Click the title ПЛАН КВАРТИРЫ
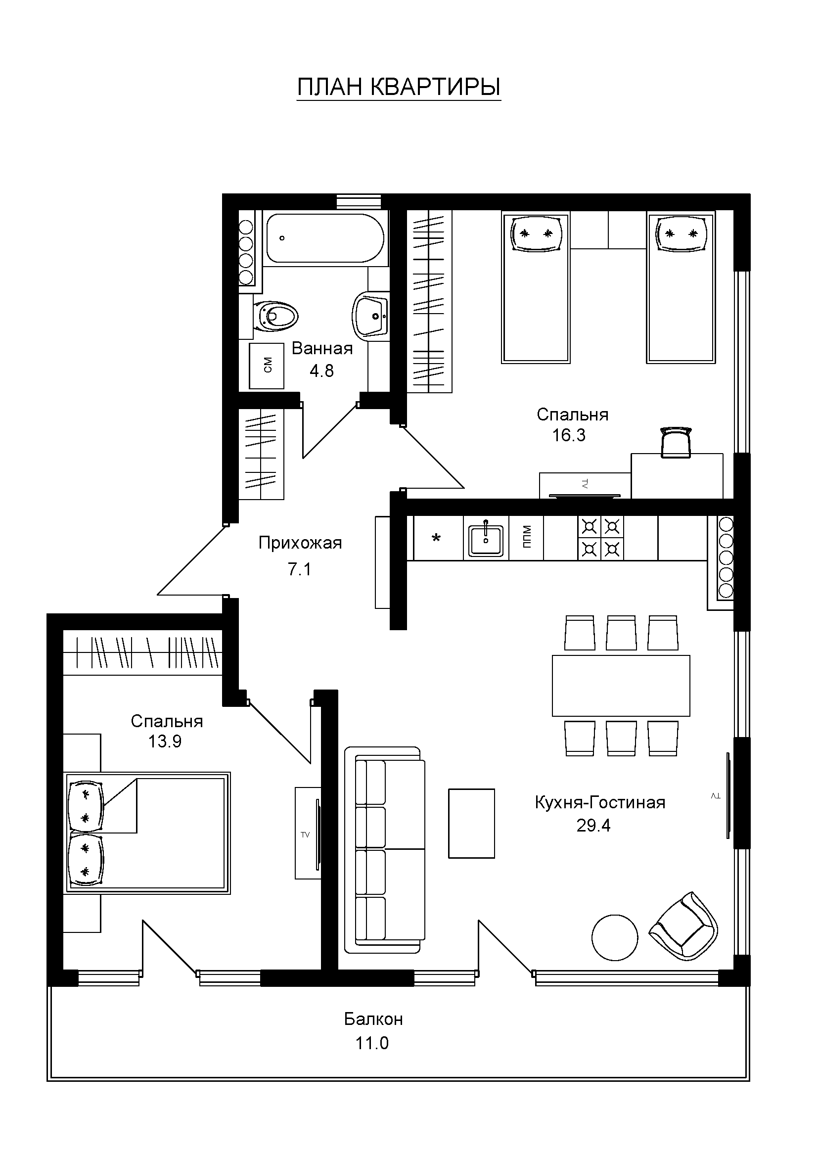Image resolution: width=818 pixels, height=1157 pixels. click(x=399, y=87)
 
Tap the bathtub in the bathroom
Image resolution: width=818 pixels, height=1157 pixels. click(x=325, y=238)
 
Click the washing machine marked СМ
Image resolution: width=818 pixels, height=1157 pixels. click(x=268, y=366)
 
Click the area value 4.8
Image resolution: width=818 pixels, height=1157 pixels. click(x=322, y=371)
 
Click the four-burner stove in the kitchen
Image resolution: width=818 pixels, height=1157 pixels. click(x=600, y=538)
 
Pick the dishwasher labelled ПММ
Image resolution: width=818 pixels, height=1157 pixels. click(x=526, y=538)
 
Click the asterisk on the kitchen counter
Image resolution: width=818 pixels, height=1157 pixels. click(x=437, y=538)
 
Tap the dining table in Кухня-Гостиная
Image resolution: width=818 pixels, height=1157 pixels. click(x=621, y=686)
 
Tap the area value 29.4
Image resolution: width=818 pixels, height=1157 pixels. click(x=594, y=826)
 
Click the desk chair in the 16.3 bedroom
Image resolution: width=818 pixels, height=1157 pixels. click(x=676, y=442)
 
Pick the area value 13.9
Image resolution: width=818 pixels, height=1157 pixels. click(x=165, y=741)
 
